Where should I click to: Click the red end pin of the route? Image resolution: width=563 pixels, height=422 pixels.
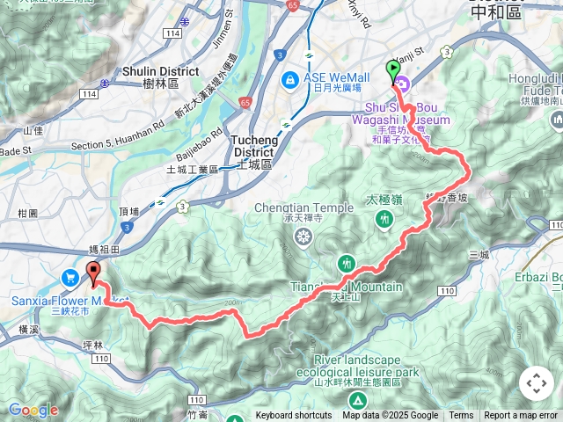pos(93,271)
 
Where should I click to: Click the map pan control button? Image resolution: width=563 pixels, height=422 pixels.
pos(536,384)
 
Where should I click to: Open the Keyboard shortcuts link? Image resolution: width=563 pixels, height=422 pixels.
pos(294,416)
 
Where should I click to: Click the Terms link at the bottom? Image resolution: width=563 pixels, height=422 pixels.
pos(461,416)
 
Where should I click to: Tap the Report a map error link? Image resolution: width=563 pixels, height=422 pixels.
pos(521,416)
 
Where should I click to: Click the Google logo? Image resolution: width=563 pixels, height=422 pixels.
pos(33,410)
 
